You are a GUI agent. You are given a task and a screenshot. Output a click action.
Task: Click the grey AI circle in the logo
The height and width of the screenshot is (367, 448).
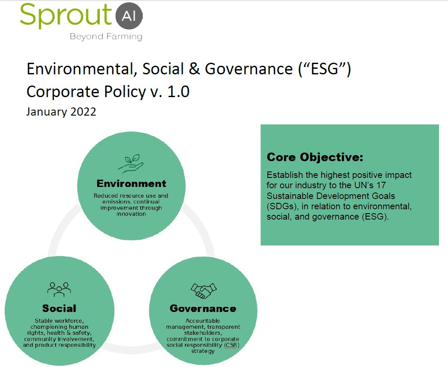click(x=129, y=16)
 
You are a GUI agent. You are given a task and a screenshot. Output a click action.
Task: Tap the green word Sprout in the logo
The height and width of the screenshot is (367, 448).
click(x=65, y=16)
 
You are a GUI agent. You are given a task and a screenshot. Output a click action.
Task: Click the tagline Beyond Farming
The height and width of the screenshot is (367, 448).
click(x=106, y=37)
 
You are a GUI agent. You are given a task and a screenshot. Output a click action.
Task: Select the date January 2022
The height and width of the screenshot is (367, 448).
click(x=61, y=111)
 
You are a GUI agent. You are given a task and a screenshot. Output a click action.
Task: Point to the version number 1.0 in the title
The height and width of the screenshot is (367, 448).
click(x=178, y=92)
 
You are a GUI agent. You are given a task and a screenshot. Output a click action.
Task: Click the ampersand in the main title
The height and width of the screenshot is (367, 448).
click(x=194, y=69)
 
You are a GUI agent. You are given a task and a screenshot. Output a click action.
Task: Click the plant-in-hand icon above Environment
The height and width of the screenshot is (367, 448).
click(x=131, y=164)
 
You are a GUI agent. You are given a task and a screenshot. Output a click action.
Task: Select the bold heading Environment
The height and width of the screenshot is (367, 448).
click(x=131, y=183)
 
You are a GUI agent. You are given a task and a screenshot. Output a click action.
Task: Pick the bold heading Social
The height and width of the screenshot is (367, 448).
click(x=59, y=309)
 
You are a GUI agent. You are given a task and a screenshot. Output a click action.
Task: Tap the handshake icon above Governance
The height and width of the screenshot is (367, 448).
click(x=203, y=291)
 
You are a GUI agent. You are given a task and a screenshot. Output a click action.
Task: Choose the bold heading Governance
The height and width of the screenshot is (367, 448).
click(x=203, y=309)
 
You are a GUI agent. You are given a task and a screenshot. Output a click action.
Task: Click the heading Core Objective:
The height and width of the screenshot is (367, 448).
click(x=315, y=157)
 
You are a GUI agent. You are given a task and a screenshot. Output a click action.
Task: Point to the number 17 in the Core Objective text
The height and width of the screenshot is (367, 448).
click(x=381, y=185)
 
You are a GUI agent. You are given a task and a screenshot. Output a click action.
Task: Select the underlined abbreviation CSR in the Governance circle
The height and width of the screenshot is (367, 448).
click(x=231, y=345)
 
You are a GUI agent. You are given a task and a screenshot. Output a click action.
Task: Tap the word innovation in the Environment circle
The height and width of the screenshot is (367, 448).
click(x=131, y=214)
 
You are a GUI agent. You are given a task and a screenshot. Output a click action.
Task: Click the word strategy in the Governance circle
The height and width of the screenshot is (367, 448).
click(x=203, y=351)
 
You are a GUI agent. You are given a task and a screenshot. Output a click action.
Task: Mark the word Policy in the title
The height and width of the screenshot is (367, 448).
click(x=125, y=92)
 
